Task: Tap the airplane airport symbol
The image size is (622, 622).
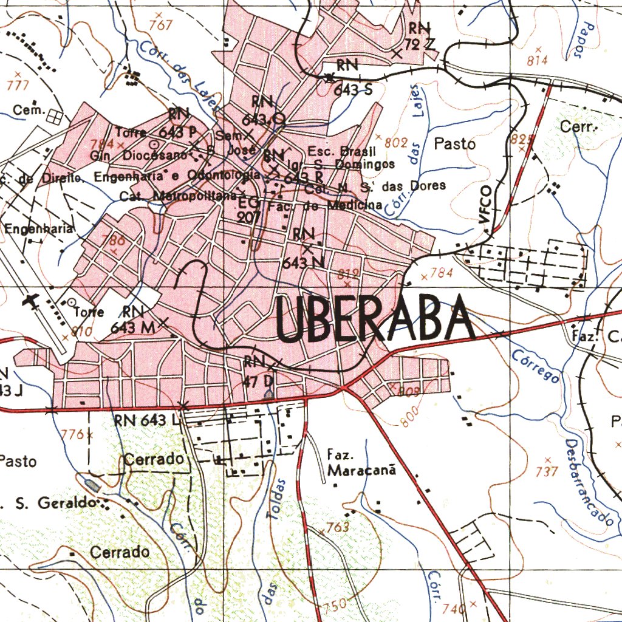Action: point(30,301)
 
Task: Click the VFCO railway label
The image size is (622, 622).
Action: point(485,205)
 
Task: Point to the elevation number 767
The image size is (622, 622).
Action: point(161,25)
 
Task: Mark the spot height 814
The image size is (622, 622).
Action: point(538,60)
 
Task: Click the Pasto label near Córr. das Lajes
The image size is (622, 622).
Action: point(454,144)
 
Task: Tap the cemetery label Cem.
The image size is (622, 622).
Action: point(29,111)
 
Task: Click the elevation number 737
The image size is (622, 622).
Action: point(547,471)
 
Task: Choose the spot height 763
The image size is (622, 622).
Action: point(337,527)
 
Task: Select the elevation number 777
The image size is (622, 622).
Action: point(18,86)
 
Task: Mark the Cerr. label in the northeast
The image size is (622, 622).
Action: point(579,128)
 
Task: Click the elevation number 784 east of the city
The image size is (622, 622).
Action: point(441,273)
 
